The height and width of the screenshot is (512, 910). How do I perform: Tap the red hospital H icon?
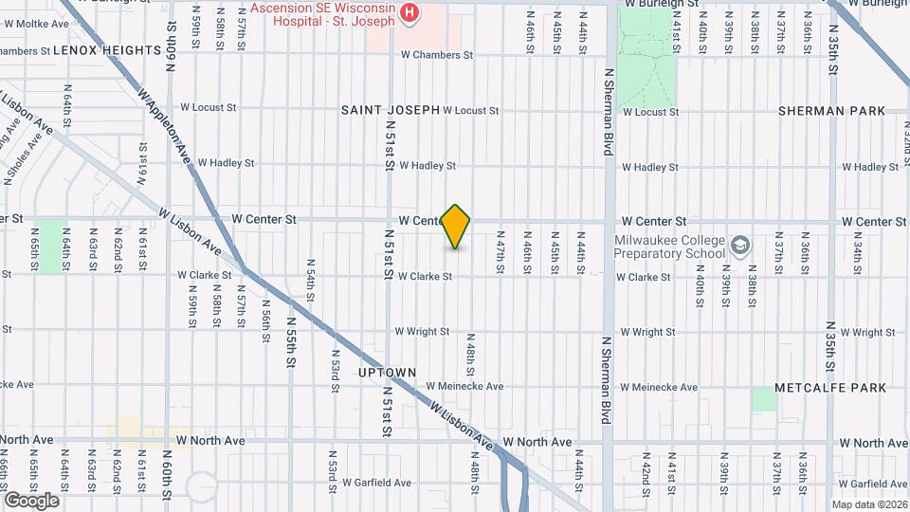tap(409, 12)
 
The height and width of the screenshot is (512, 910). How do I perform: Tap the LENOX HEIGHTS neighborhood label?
tap(106, 49)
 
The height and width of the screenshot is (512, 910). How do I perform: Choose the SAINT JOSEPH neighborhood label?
tap(391, 110)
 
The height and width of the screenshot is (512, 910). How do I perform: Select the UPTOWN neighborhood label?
tap(387, 373)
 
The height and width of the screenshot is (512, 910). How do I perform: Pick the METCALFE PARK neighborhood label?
tap(830, 388)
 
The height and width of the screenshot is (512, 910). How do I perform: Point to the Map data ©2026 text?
tap(869, 504)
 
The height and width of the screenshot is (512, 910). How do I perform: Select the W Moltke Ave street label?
tap(38, 23)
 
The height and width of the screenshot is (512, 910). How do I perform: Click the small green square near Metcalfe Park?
tap(764, 399)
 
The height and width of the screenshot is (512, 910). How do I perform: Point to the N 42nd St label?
tap(645, 474)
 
